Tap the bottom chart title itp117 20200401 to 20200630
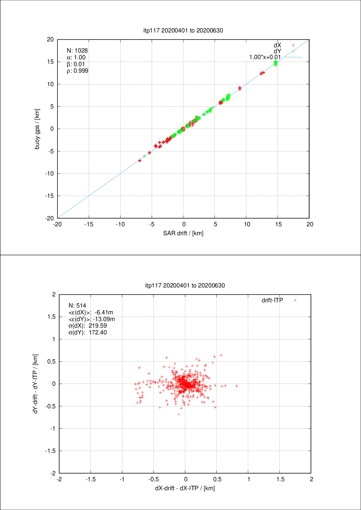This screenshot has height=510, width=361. [x=185, y=285]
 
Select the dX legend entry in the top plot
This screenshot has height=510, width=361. [x=277, y=45]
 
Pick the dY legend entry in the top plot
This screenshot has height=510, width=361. [x=277, y=51]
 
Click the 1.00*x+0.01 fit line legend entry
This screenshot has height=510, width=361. [x=265, y=57]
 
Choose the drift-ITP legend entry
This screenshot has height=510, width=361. [x=272, y=300]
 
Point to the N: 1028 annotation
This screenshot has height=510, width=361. [x=77, y=50]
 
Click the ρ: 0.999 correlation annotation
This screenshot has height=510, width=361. [x=78, y=71]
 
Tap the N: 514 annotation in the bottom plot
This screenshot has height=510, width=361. [x=77, y=305]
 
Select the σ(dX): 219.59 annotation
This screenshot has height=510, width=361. [x=87, y=326]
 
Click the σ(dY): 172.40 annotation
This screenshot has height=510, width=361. [x=87, y=333]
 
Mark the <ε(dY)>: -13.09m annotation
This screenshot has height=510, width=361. [x=91, y=319]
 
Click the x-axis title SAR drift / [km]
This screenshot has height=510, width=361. [x=183, y=233]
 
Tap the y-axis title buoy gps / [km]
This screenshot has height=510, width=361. [x=37, y=129]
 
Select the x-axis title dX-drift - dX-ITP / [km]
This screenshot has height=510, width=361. [x=185, y=488]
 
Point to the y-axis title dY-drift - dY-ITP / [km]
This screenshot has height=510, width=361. [x=36, y=384]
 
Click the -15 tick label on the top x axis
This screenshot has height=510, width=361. [x=89, y=224]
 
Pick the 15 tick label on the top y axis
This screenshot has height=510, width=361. [x=50, y=62]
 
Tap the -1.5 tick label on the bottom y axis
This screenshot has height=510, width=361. [x=50, y=451]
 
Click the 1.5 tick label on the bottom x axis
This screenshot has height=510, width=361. [x=280, y=479]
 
